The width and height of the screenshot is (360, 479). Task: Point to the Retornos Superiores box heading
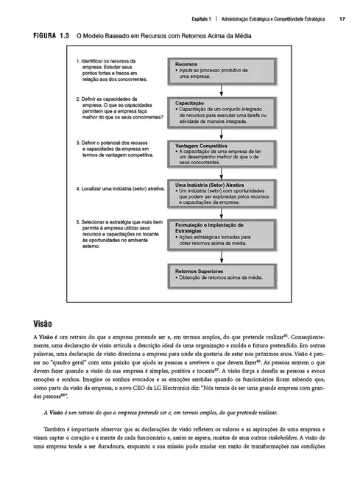[199, 271]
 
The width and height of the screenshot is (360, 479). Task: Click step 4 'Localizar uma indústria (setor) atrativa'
[120, 188]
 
